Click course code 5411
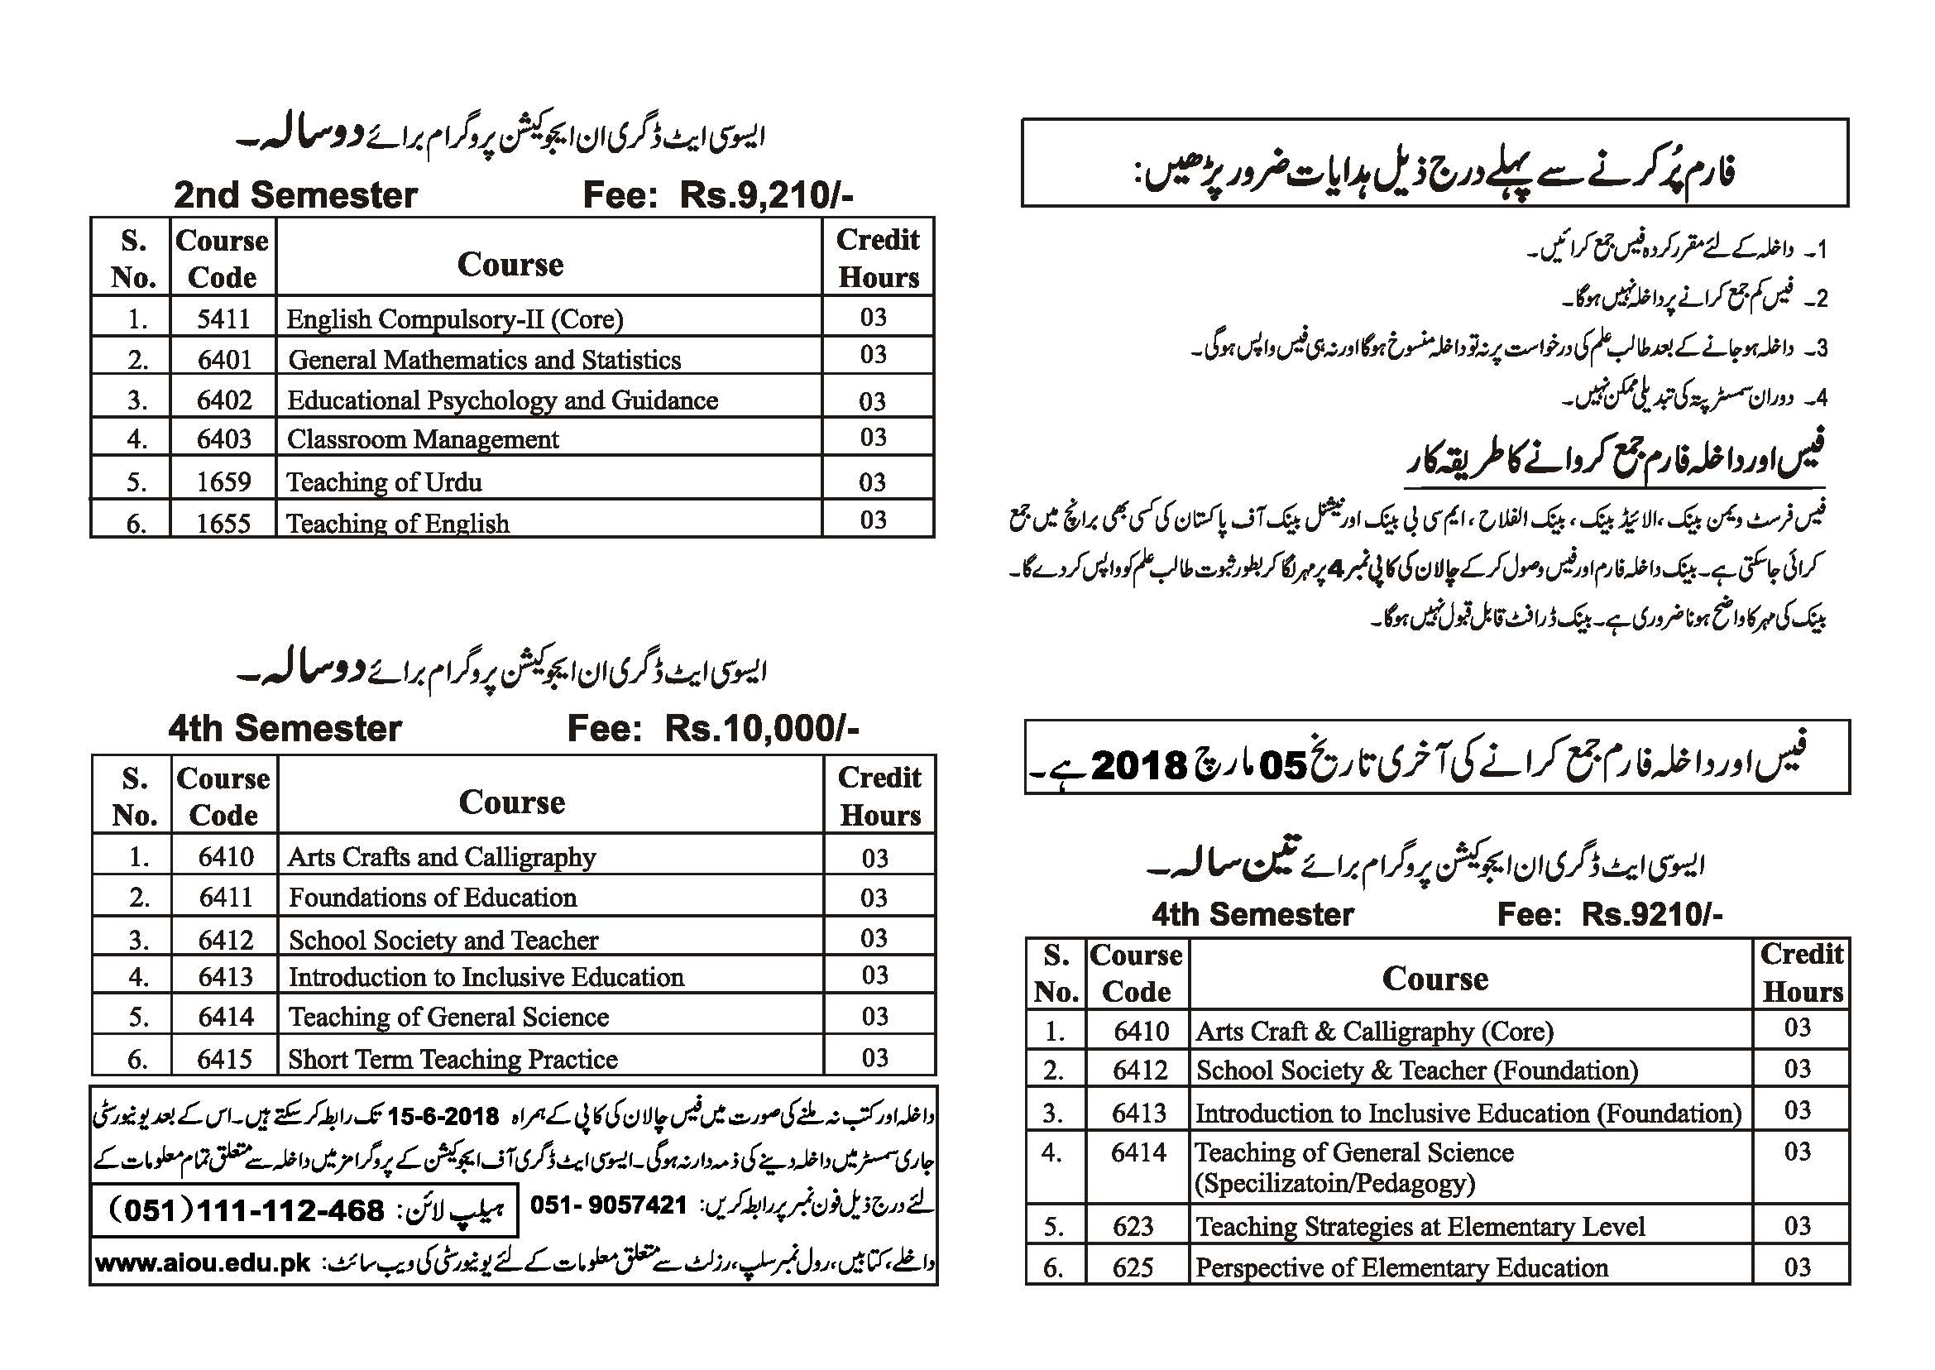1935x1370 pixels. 223,319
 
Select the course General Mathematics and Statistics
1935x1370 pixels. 484,360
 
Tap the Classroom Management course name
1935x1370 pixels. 423,439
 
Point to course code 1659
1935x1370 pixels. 223,481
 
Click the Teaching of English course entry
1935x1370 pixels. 397,524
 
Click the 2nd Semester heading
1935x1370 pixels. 295,196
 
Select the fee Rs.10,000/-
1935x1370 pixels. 761,729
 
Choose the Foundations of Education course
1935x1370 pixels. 433,898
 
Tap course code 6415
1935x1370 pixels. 224,1059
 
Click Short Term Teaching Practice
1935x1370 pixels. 453,1059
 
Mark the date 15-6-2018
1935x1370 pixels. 442,1116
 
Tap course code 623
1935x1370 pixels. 1132,1226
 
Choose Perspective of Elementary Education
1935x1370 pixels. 1401,1268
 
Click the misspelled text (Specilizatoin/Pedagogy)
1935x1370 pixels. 1335,1184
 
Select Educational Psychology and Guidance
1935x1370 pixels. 503,400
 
